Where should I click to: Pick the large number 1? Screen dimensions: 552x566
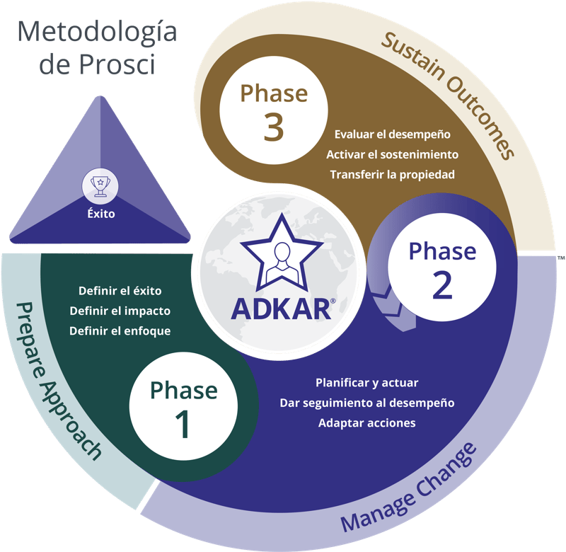click(183, 423)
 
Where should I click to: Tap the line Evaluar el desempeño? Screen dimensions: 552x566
click(393, 134)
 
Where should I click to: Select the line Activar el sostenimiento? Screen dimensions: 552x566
click(393, 154)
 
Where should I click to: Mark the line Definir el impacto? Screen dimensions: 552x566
click(120, 311)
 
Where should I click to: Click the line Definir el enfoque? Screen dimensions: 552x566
click(120, 331)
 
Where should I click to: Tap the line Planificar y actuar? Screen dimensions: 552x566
click(366, 383)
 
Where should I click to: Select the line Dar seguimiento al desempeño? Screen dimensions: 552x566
click(366, 403)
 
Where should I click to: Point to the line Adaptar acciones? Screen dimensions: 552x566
click(366, 423)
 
